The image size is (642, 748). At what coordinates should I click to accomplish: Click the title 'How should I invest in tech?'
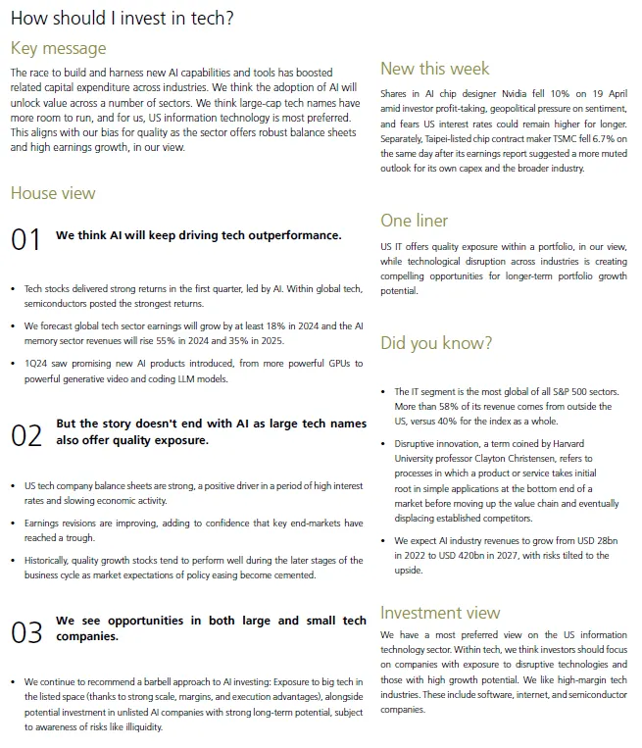pyautogui.click(x=122, y=19)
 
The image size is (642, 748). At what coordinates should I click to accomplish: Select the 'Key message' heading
pyautogui.click(x=58, y=48)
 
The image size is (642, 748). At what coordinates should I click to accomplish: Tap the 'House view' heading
pyautogui.click(x=53, y=193)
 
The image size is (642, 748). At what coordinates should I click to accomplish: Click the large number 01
pyautogui.click(x=26, y=240)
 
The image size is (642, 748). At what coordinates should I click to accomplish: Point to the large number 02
pyautogui.click(x=26, y=435)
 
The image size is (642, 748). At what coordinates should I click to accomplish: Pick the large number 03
pyautogui.click(x=26, y=632)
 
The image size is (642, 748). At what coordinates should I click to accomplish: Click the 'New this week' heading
pyautogui.click(x=434, y=69)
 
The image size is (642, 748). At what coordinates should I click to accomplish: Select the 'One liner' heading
pyautogui.click(x=415, y=221)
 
